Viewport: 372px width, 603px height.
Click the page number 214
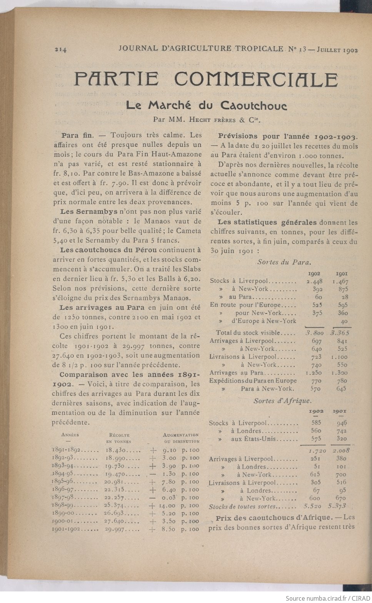(x=61, y=49)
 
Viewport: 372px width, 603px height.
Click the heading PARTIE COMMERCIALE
(x=206, y=79)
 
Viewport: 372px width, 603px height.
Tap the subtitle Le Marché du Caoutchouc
(x=206, y=105)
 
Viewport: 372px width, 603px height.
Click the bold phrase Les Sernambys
(x=89, y=212)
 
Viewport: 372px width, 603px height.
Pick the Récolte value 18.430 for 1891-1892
(x=116, y=450)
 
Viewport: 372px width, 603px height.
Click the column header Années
(x=70, y=435)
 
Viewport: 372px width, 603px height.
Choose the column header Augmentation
(x=181, y=435)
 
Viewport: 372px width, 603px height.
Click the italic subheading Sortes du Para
(x=284, y=262)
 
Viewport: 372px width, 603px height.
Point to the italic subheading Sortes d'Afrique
(x=282, y=401)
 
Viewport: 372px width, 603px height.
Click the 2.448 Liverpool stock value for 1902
(x=314, y=281)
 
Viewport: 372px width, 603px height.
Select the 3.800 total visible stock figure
(x=314, y=333)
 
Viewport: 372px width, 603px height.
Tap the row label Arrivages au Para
(x=237, y=373)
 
